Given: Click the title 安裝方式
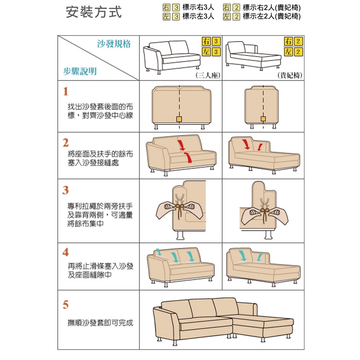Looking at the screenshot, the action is coord(94,12).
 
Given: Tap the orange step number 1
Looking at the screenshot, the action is coord(66,91).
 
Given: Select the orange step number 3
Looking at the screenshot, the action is coord(66,190).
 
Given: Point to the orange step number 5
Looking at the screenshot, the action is coord(66,305).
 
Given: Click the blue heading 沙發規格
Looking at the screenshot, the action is coord(114,44).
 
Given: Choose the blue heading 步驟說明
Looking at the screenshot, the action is coord(80,71).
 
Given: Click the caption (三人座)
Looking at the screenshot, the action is coord(208,75).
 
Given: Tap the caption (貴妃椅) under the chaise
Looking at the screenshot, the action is coord(290,75).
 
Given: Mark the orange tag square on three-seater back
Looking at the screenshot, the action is coord(179,119).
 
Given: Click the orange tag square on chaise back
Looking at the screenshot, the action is coord(264,119).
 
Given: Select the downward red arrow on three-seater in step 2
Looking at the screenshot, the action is coord(181,145).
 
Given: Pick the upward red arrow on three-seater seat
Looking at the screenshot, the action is coord(188,157).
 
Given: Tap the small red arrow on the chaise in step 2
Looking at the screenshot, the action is coord(260,147).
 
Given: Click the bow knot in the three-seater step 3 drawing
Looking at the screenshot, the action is coord(180,207).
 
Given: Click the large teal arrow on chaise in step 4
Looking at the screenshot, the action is coord(242,256).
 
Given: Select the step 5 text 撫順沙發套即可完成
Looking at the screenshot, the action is coord(100,323).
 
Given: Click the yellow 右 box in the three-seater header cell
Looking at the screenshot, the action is coord(206,41).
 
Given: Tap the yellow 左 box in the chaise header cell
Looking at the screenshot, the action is coord(288,51).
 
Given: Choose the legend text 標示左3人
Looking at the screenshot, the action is coord(198,16).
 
